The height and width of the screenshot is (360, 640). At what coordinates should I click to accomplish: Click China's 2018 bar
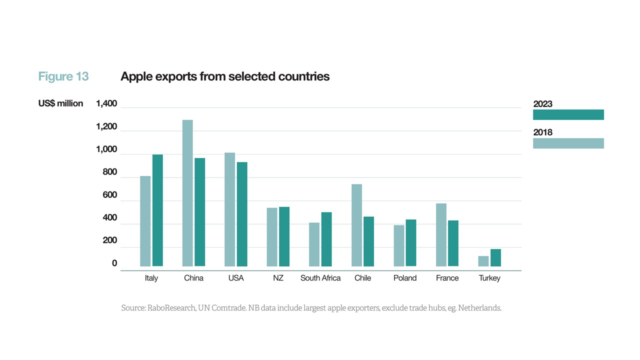coord(187,193)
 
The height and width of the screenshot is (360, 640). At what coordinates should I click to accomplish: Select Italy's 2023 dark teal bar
coord(157,210)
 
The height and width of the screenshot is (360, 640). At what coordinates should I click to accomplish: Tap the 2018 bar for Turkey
coord(483,261)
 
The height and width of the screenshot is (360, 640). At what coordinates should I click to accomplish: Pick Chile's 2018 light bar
coord(356,225)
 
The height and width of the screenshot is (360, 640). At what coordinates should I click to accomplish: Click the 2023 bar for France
coord(453,243)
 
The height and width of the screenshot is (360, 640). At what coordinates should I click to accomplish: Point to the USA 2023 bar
coord(242,214)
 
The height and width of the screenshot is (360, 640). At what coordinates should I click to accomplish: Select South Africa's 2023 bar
coord(326,239)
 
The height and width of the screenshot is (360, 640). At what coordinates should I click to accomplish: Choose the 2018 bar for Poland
coord(399,245)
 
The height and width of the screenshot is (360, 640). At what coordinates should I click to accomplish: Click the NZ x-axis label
coord(278,278)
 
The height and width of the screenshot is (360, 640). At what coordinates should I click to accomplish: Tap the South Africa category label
coord(320,278)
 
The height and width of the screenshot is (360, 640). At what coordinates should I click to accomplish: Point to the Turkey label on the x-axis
coord(489,278)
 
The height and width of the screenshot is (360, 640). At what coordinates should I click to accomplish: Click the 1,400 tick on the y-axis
coord(106,104)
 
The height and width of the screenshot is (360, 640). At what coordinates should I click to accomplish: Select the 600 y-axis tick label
coord(110,195)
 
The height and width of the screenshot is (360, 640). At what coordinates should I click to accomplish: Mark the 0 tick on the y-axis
coord(114,263)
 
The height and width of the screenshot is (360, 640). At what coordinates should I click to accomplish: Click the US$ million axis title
coord(60,103)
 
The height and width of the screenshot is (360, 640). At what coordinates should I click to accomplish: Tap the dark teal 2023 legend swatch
coord(568,114)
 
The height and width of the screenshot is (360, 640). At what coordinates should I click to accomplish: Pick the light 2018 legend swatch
coord(568,143)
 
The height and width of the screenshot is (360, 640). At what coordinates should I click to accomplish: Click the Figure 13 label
coord(63,76)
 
